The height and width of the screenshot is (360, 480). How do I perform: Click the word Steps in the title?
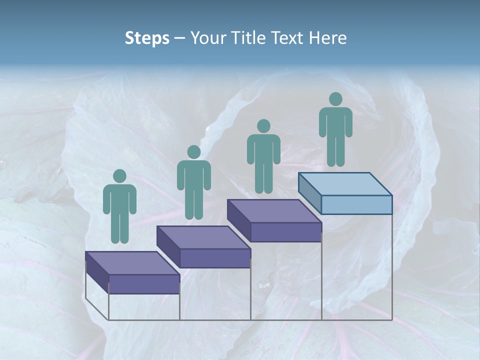[x=147, y=38]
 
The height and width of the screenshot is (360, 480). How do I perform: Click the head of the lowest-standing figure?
[x=119, y=176]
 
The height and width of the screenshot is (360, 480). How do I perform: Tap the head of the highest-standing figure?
[x=335, y=99]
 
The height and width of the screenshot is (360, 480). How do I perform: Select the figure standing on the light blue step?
[x=335, y=130]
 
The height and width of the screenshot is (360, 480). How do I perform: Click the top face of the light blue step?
[x=345, y=183]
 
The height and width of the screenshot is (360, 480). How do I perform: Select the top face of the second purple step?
[x=203, y=237]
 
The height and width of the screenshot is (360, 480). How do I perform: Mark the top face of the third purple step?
[x=274, y=210]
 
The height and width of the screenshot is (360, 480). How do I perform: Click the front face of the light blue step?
[x=356, y=204]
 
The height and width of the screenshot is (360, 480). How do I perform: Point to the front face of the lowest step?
[x=144, y=284]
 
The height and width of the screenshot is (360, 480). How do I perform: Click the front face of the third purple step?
[x=285, y=232]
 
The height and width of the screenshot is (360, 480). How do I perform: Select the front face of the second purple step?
[x=215, y=258]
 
